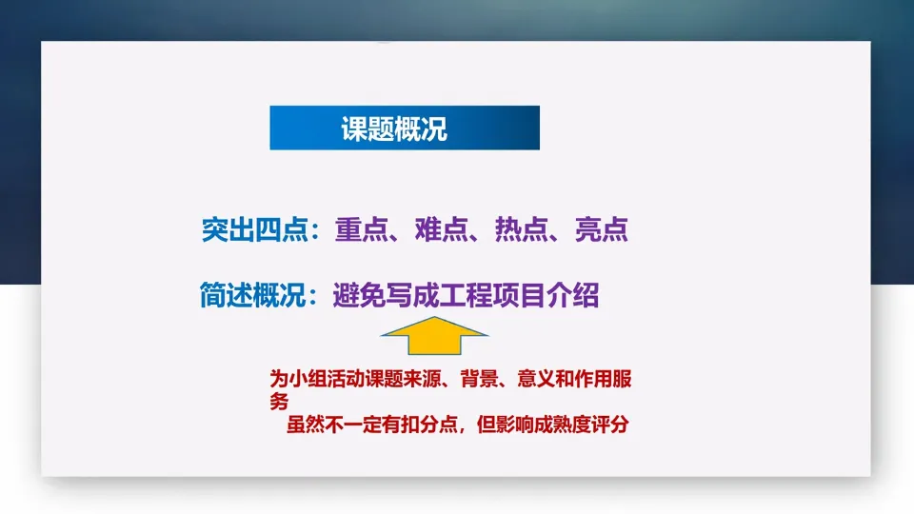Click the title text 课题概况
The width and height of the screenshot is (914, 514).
coord(394,128)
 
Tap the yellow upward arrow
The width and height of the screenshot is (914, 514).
coord(434,336)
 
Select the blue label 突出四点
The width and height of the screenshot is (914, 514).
coord(255,229)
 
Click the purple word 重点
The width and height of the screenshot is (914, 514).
coord(362,229)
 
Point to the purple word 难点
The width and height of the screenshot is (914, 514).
coord(441,229)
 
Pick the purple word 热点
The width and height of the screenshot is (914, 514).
coord(521,229)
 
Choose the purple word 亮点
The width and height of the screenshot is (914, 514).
coord(602,229)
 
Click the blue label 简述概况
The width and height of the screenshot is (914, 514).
coord(253,295)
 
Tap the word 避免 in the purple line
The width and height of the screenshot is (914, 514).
coord(359,295)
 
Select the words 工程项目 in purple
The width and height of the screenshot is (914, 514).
coord(492,295)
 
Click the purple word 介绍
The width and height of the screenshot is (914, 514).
coord(572,295)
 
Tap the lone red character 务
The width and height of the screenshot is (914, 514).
coord(279,402)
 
